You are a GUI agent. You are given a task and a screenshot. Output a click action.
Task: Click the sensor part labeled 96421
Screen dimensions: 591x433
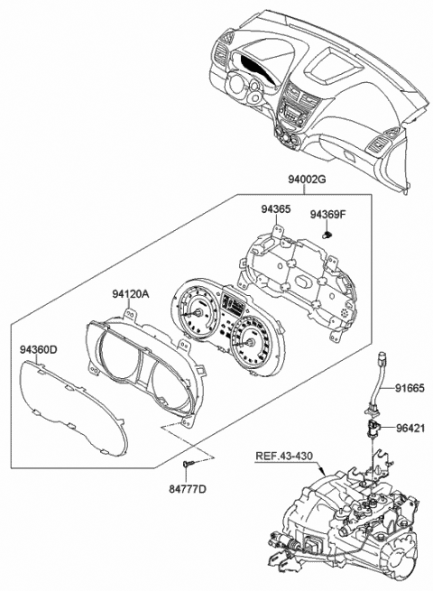click(373, 425)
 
